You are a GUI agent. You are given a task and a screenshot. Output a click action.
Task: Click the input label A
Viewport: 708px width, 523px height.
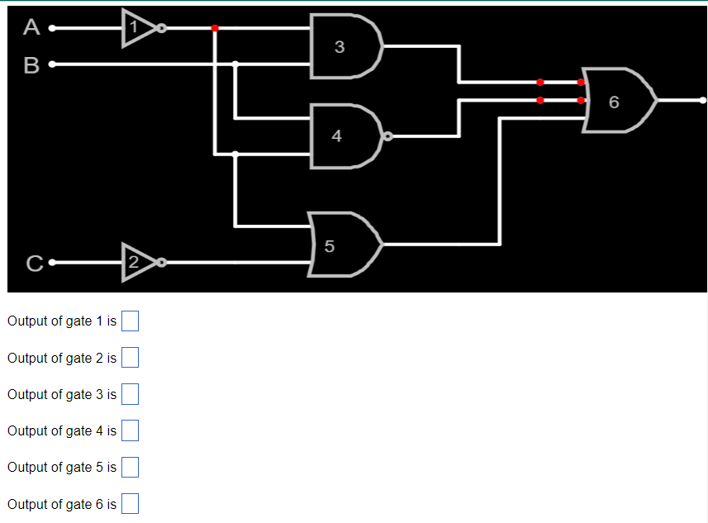[x=31, y=28]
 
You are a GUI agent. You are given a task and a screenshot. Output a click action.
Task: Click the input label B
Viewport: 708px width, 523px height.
[x=31, y=64]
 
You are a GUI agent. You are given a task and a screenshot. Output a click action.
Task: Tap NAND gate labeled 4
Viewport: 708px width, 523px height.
[x=342, y=136]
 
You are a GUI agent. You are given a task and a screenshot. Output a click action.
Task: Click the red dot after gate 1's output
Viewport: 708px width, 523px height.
[x=215, y=28]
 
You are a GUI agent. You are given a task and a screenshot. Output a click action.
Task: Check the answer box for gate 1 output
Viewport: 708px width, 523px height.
[x=130, y=321]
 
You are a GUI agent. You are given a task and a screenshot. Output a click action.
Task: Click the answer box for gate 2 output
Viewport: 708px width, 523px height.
[x=130, y=358]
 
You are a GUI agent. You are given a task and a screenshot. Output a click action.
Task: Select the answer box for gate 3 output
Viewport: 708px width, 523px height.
[x=130, y=394]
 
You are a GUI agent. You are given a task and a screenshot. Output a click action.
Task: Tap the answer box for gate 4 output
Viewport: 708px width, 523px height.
[x=130, y=430]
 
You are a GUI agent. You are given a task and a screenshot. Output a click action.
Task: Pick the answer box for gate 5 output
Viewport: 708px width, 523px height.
[x=130, y=467]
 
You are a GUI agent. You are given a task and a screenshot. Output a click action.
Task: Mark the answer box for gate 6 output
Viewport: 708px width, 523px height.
[x=130, y=504]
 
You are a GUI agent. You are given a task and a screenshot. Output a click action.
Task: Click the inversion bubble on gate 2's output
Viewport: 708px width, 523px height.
[x=162, y=263]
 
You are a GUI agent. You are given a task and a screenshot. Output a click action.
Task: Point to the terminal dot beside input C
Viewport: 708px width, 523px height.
[x=51, y=264]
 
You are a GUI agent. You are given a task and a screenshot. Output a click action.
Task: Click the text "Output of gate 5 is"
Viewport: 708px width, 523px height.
[x=62, y=467]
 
